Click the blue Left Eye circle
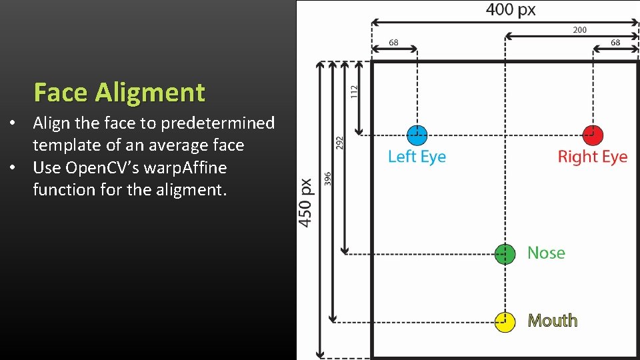(x=417, y=135)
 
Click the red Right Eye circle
(x=592, y=135)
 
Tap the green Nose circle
(x=505, y=254)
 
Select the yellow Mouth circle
(x=505, y=322)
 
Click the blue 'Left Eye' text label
(x=417, y=157)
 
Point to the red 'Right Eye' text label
(x=592, y=157)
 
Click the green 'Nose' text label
(x=546, y=253)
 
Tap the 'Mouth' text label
(x=552, y=321)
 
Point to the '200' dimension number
(x=579, y=29)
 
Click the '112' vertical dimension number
(x=354, y=91)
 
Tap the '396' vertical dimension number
(x=327, y=179)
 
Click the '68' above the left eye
(x=393, y=42)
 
